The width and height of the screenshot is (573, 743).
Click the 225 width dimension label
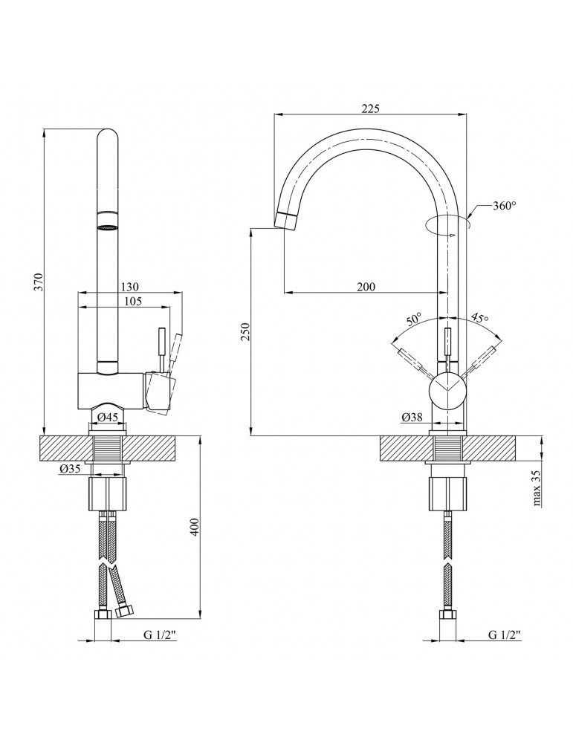click(370, 108)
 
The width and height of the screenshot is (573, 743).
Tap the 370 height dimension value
click(39, 282)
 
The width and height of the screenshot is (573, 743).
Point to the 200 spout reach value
click(366, 286)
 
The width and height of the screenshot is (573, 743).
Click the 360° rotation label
click(504, 206)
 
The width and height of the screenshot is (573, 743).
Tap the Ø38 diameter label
click(412, 418)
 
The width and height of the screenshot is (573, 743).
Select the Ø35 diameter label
click(71, 469)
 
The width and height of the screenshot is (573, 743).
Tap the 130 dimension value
click(129, 287)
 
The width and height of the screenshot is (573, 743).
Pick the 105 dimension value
click(132, 301)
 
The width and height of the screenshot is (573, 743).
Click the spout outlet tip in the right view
click(287, 220)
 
